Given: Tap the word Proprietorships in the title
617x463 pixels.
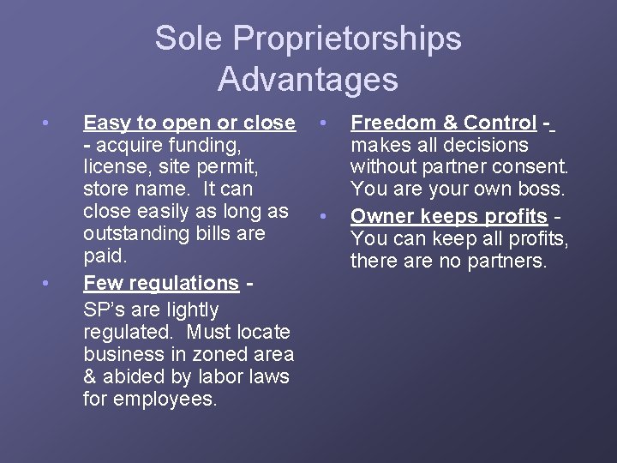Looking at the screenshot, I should [x=346, y=39].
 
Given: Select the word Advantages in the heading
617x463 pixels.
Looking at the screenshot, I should [x=308, y=79].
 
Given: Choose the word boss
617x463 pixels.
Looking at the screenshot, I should [x=541, y=189].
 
